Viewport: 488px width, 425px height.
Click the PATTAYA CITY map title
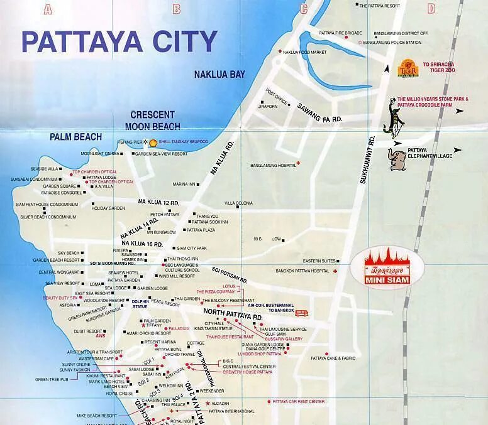click(119, 41)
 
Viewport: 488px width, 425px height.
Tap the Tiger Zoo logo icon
click(408, 68)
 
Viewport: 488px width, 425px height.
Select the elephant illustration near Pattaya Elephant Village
click(398, 159)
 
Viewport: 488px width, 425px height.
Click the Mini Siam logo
click(387, 269)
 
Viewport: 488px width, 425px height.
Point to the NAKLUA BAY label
click(219, 75)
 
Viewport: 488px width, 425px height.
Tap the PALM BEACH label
click(76, 137)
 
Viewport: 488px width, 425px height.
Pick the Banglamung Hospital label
click(273, 166)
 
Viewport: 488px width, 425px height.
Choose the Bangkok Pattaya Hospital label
click(302, 271)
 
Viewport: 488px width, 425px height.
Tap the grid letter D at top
click(431, 9)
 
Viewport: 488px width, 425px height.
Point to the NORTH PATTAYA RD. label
click(233, 315)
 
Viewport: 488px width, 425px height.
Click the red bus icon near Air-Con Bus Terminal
click(302, 313)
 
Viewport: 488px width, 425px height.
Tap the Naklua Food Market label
click(304, 52)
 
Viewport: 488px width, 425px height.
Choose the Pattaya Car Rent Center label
click(298, 401)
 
